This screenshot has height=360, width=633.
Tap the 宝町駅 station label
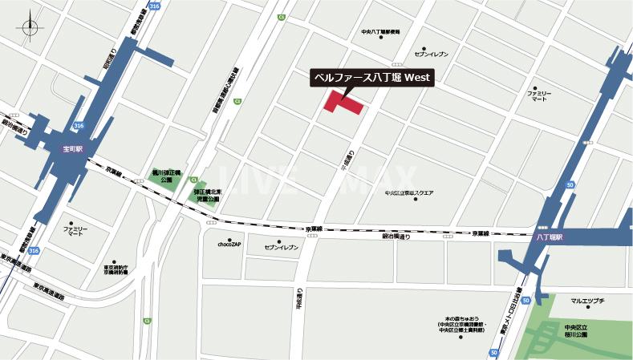[60, 148]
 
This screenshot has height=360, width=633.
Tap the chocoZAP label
[230, 242]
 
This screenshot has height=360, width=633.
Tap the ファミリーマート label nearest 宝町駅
[74, 233]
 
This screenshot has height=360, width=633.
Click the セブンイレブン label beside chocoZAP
[281, 247]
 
